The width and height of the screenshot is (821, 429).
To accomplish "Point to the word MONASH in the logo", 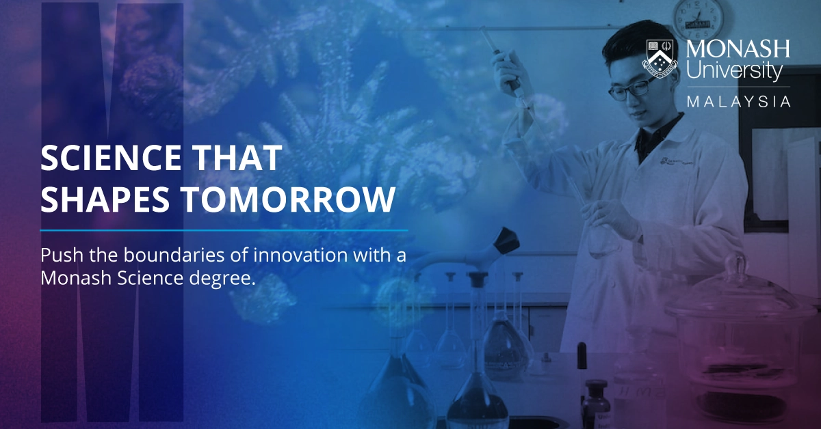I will (x=738, y=49).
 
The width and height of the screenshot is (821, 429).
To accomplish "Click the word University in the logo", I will (x=733, y=71).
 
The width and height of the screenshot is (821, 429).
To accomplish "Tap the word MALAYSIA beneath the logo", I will (x=738, y=102).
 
